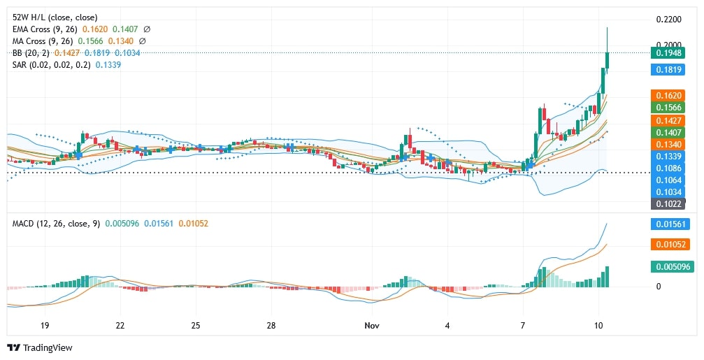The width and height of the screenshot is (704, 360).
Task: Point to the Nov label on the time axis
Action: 372,326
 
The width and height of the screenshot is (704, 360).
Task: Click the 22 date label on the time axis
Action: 120,326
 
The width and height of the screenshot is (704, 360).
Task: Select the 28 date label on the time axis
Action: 272,326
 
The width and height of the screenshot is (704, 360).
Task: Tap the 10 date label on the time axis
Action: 599,326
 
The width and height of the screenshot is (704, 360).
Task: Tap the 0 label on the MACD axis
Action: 659,287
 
